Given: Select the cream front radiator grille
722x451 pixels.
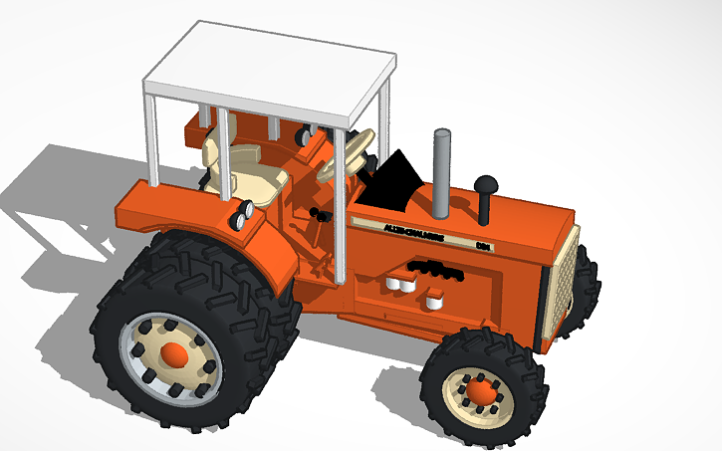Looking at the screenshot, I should coord(558,289).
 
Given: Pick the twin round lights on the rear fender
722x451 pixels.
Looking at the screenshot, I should coord(240,215).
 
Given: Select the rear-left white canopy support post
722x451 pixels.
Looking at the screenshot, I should coord(152,139).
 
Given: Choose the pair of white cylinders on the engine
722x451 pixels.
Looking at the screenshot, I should coord(398,285).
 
